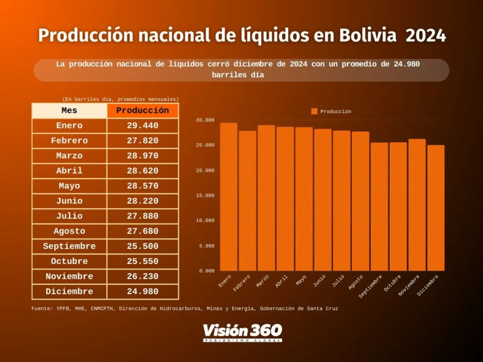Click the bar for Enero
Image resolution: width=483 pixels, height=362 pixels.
tap(228, 197)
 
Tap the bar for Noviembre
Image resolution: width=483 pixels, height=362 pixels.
tap(417, 205)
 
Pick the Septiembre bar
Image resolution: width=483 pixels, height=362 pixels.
tap(379, 207)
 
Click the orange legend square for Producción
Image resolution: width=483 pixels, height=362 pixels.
tap(314, 111)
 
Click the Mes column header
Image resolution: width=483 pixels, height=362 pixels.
tap(69, 111)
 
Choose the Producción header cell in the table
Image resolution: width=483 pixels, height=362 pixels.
tap(142, 111)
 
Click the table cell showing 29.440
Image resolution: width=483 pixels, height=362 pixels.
tap(142, 125)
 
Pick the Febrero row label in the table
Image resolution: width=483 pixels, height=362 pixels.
tap(69, 141)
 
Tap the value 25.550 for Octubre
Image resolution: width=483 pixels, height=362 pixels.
tap(142, 261)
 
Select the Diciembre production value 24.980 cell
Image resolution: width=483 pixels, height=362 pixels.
tap(142, 292)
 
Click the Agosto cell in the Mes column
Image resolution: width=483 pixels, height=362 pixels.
tap(69, 231)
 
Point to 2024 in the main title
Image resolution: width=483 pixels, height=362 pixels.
tap(425, 36)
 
